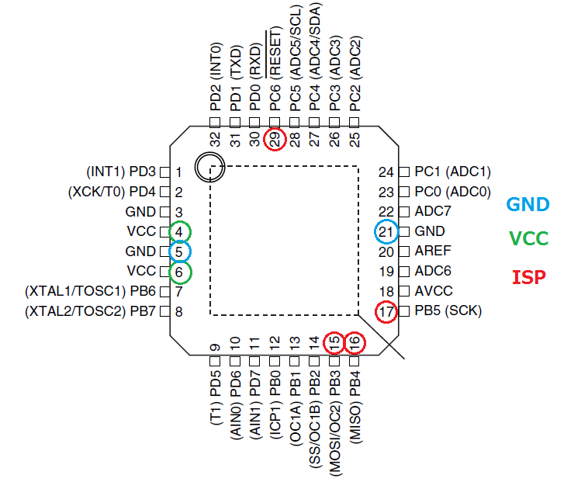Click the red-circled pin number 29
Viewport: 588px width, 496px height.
pos(275,139)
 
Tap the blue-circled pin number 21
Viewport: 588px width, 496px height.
pos(386,231)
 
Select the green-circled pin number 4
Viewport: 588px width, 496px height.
pos(179,231)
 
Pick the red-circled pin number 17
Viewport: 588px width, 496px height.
pos(386,312)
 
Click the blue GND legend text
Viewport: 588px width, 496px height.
pos(527,205)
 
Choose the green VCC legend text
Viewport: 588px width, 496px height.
pos(527,238)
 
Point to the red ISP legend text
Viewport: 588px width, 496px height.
pos(527,276)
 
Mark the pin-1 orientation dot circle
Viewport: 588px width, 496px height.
pos(209,166)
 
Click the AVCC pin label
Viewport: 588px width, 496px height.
pos(433,292)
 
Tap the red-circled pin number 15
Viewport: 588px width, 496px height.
pos(334,342)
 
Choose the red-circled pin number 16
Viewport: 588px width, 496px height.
pos(355,342)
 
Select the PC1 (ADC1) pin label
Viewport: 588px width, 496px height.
pos(452,171)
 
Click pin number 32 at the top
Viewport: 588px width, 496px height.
pos(216,140)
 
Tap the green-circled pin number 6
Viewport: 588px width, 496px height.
pos(179,272)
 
